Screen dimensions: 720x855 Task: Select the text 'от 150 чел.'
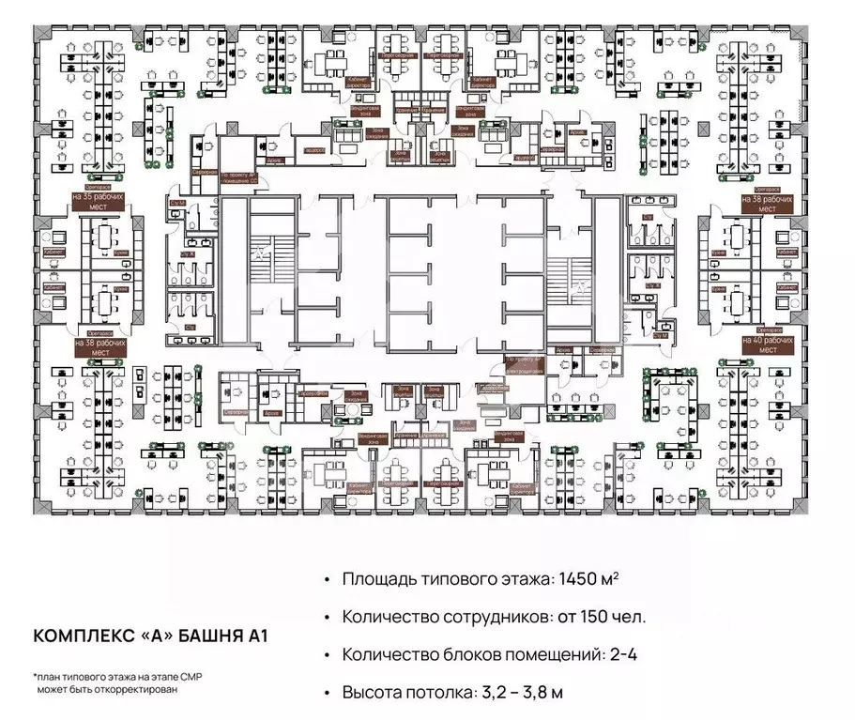[604, 617]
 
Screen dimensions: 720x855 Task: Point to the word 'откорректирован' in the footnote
[130, 688]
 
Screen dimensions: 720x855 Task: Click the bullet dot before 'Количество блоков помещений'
[326, 655]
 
